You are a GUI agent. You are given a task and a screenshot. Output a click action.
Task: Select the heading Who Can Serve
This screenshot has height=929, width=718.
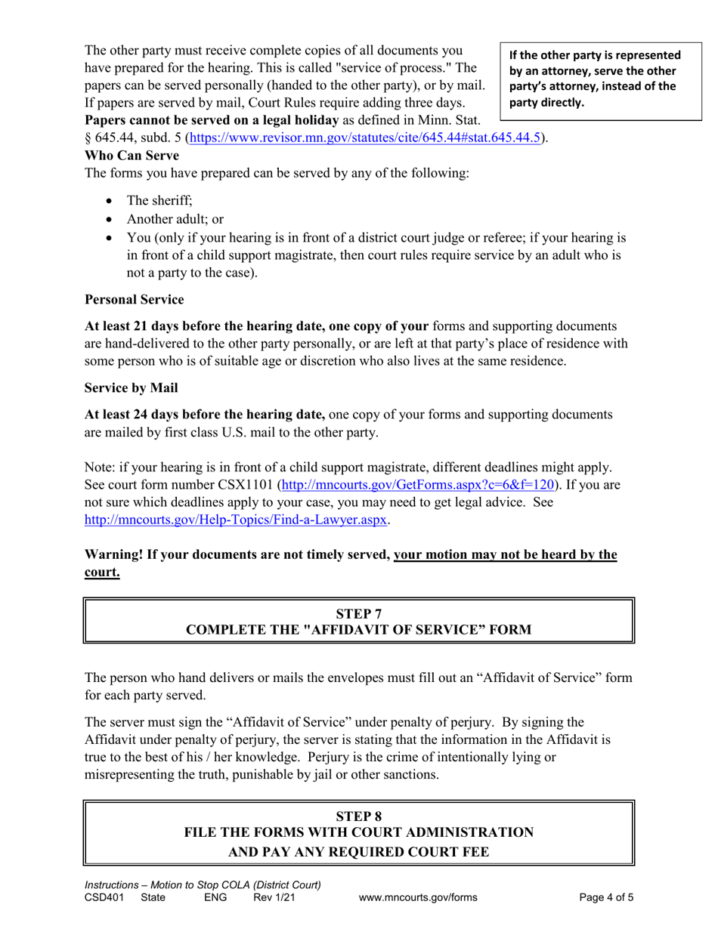pyautogui.click(x=132, y=156)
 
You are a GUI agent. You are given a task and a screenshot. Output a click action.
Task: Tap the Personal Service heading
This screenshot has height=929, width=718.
pyautogui.click(x=134, y=300)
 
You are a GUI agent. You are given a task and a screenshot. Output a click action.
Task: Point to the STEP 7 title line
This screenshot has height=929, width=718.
pyautogui.click(x=358, y=613)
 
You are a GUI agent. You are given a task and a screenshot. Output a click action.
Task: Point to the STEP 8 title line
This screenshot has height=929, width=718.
pyautogui.click(x=358, y=815)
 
